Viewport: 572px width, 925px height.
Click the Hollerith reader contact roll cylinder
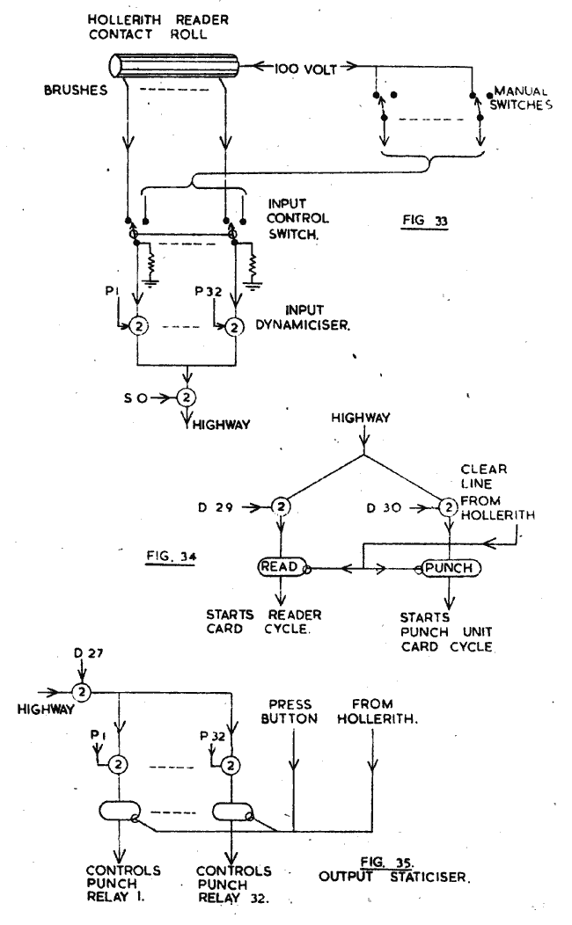177,66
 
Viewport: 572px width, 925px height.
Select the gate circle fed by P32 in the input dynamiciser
235,327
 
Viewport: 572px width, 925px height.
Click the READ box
279,568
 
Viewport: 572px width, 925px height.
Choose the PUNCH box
450,568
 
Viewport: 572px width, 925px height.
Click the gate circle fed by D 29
280,507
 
